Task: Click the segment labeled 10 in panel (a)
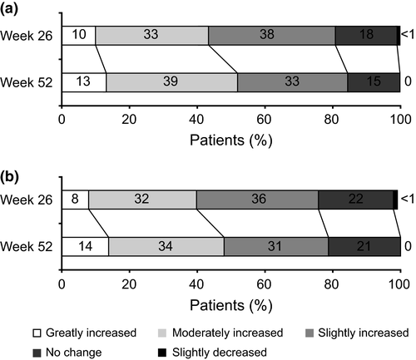(77, 35)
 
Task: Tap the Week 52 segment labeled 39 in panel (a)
(171, 82)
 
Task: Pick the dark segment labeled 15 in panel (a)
(373, 82)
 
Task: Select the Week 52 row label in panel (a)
(27, 82)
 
